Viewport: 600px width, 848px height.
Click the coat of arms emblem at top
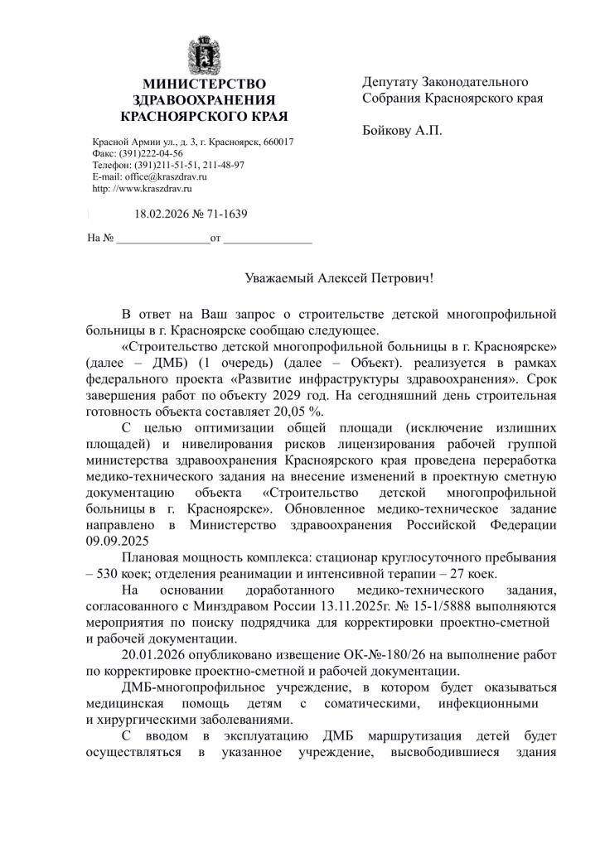click(203, 54)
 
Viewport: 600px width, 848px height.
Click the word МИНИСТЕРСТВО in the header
click(204, 84)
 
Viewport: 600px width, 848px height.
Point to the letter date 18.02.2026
click(162, 214)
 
